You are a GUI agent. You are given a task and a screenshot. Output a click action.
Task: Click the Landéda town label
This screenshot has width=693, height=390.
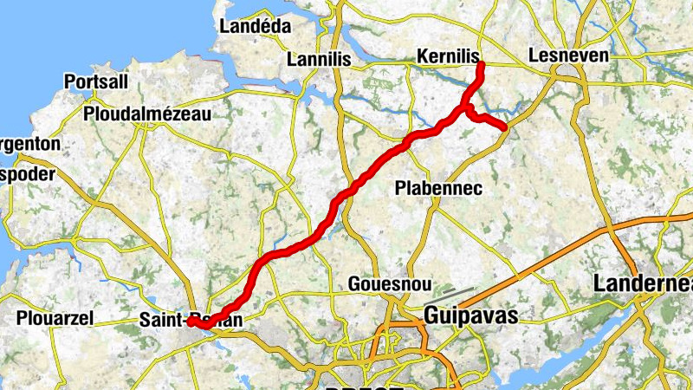click(256, 27)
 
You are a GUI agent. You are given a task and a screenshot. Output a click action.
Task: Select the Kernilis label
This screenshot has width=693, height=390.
click(448, 55)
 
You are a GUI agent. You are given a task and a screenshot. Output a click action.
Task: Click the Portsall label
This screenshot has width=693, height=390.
click(96, 82)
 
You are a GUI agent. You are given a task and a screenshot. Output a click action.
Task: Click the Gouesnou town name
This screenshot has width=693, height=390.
click(385, 284)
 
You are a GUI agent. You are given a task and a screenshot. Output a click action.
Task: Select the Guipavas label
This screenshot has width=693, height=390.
click(471, 316)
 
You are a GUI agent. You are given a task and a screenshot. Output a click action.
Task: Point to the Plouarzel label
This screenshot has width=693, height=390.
click(55, 319)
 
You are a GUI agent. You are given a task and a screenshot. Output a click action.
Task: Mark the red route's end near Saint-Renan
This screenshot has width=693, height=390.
click(190, 322)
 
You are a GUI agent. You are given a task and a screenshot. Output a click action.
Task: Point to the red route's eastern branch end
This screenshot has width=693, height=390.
click(503, 127)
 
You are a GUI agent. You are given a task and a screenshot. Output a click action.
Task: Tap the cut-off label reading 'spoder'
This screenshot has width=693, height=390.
click(27, 174)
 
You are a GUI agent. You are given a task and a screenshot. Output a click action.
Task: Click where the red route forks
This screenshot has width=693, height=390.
click(465, 108)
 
